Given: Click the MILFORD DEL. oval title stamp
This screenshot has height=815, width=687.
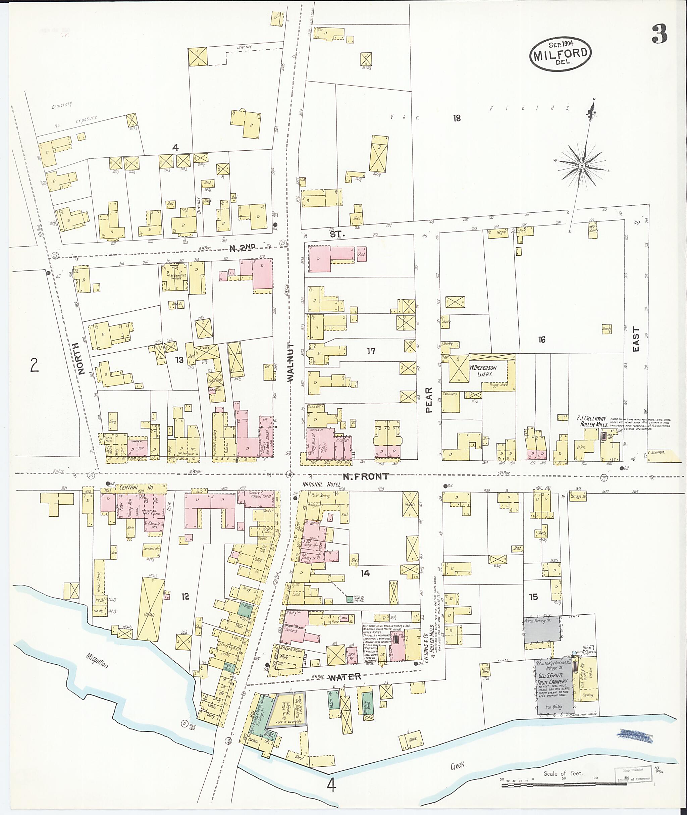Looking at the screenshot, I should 560,55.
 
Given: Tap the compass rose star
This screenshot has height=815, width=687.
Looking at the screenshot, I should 581,165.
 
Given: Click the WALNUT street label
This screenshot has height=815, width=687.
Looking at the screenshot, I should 290,362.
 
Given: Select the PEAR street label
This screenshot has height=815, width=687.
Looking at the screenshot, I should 429,400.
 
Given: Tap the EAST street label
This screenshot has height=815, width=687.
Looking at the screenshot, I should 636,339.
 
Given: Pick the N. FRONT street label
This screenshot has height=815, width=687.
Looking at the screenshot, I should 365,476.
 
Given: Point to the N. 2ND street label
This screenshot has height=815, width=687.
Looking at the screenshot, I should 242,248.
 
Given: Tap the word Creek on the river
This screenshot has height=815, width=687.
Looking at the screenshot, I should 458,766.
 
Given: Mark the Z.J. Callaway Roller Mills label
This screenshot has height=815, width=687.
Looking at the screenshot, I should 592,421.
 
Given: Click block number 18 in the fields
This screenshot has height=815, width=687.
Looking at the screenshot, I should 457,118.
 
